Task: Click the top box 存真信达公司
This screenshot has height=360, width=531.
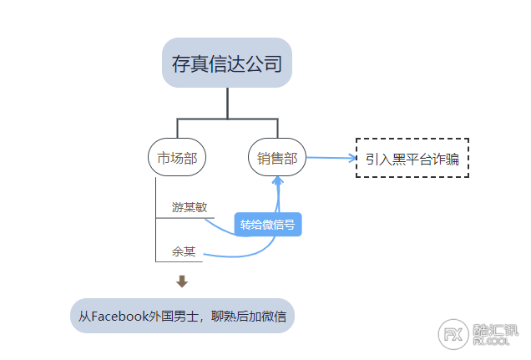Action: [227, 63]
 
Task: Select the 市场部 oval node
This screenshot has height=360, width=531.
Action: [177, 157]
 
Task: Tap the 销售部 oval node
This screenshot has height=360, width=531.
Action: [277, 157]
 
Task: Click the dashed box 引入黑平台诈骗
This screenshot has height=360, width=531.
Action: [412, 158]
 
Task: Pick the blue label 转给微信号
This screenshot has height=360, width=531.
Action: [267, 224]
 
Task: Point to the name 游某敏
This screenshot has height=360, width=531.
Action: [190, 207]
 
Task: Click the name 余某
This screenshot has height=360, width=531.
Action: [184, 251]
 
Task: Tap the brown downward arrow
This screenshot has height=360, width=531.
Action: [182, 281]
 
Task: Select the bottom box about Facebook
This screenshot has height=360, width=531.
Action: [182, 316]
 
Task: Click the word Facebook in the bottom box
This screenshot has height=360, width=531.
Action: [120, 316]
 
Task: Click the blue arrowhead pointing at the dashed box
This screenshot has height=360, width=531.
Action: [352, 158]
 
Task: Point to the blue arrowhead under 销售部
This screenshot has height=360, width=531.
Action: [278, 180]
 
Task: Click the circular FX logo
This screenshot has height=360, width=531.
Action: [453, 334]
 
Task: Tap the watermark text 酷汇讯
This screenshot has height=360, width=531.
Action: [495, 330]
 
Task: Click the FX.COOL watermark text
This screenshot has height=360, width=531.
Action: [491, 342]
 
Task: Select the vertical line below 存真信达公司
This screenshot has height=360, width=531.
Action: [227, 104]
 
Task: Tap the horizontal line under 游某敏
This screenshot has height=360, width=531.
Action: [185, 218]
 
